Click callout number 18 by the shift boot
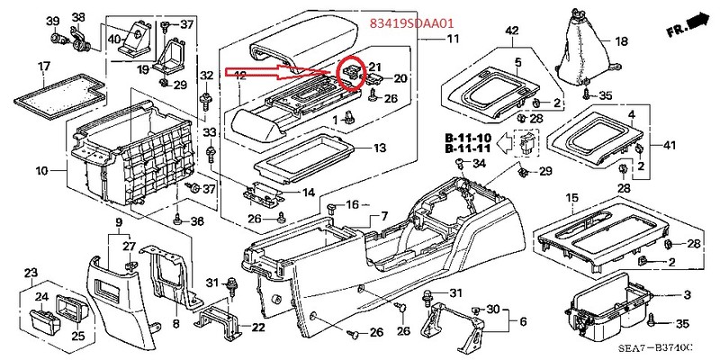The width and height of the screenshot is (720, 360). point(621,41)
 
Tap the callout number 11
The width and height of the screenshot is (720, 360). point(452,39)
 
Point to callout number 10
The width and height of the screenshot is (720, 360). point(41,170)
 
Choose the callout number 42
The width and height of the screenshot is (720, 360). point(511,31)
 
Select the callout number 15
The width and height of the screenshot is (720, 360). point(571,197)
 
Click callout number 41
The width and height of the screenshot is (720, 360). point(669,145)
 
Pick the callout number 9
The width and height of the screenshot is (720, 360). point(118,221)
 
